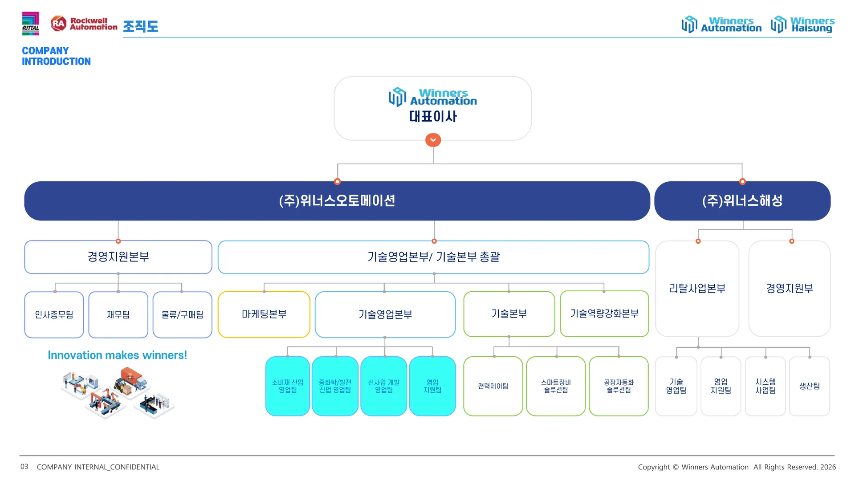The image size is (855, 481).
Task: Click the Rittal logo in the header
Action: click(x=31, y=24)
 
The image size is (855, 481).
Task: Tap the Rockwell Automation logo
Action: click(x=84, y=24)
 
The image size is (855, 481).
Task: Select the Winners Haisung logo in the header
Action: click(x=802, y=24)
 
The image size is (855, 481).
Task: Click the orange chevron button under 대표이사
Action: click(x=433, y=140)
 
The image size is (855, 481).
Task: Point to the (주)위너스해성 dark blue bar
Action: click(x=742, y=201)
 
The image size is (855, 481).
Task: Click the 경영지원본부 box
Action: click(x=118, y=257)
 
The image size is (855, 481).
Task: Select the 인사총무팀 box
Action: click(x=54, y=314)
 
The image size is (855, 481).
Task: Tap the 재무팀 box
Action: click(x=118, y=314)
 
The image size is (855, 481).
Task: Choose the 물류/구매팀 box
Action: click(x=183, y=314)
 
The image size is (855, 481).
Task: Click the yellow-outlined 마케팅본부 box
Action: click(x=264, y=314)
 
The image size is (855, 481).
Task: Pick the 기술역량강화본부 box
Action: click(x=604, y=314)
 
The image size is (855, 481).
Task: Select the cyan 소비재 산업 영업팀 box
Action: click(x=288, y=386)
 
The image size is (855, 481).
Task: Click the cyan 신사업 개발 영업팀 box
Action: click(x=384, y=386)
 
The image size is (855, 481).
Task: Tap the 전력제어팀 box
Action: click(x=493, y=386)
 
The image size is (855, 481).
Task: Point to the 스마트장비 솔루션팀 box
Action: click(x=556, y=386)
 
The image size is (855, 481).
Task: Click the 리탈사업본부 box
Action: click(x=697, y=289)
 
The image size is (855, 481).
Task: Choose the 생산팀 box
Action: click(x=810, y=386)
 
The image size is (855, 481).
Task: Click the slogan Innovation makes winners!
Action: click(x=117, y=355)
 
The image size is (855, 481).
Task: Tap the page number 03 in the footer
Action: click(x=24, y=467)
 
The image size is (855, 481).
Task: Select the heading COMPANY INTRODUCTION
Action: click(x=56, y=56)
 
